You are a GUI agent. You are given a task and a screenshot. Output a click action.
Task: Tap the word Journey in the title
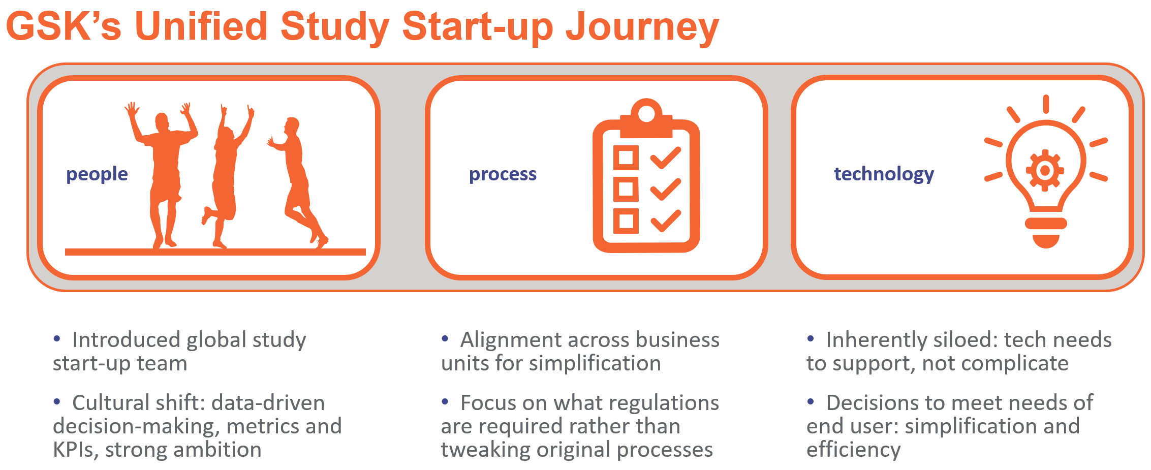click(x=642, y=28)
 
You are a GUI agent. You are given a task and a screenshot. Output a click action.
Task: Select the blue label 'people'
click(x=97, y=174)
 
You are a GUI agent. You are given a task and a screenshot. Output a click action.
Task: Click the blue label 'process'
click(x=503, y=174)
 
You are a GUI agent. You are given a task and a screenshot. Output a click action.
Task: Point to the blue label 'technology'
click(x=884, y=174)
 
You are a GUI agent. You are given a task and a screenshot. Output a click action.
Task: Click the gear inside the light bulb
click(x=1045, y=170)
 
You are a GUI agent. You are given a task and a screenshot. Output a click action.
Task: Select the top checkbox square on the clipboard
click(x=626, y=158)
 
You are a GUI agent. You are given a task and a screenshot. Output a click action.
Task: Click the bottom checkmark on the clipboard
click(x=666, y=221)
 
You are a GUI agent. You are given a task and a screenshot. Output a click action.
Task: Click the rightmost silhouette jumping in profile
click(x=298, y=180)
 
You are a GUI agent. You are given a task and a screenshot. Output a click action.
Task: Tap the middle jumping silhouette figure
click(x=228, y=175)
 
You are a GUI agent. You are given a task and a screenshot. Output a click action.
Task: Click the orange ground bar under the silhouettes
click(x=215, y=252)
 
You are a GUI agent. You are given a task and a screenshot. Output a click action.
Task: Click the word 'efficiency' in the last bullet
click(x=854, y=450)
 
